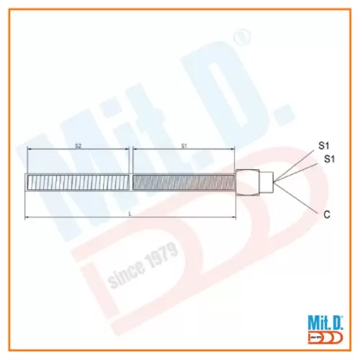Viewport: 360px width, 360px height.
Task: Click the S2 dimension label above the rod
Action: tap(77, 145)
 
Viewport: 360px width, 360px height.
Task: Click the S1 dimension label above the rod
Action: tap(184, 145)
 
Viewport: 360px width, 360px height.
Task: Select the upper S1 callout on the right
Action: tap(324, 145)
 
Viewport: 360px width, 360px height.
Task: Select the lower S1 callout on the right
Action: tap(329, 158)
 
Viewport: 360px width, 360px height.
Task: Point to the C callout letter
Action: tap(328, 213)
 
